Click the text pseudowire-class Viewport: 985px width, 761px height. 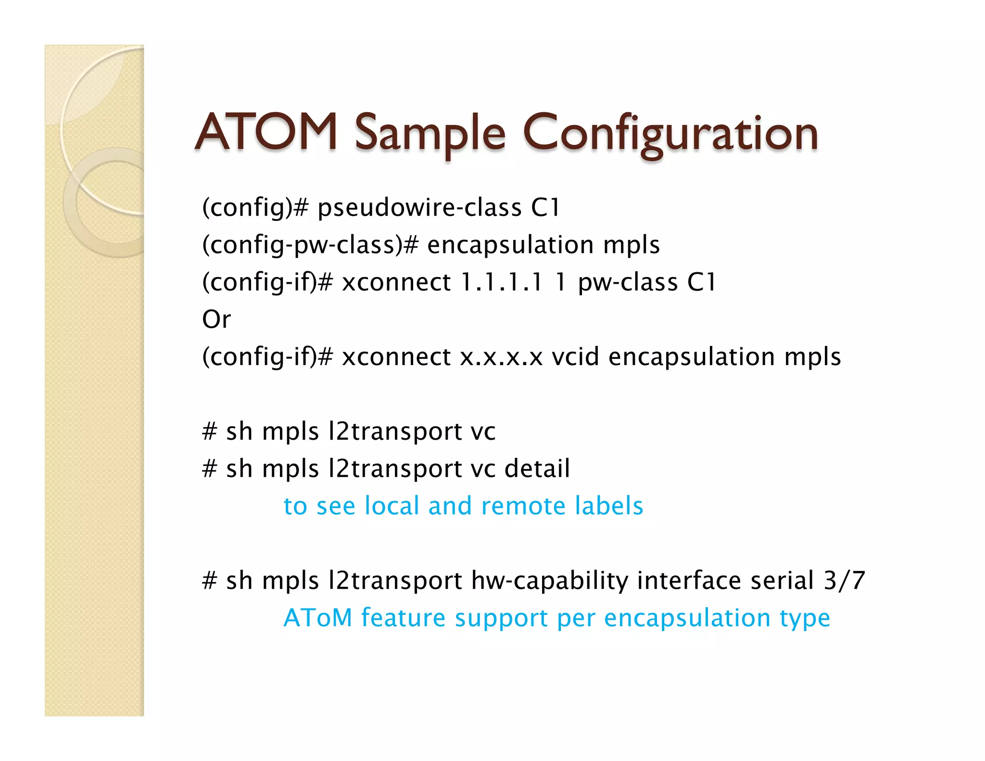pos(419,208)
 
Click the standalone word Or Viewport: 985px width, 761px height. pos(216,319)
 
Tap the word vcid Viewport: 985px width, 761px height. pos(576,357)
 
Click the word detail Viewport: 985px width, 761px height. pos(537,469)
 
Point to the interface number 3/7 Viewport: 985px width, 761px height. pos(845,581)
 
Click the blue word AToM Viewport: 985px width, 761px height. pos(318,618)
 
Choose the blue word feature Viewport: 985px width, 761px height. pos(404,618)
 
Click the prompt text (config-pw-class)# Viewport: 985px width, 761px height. pos(310,245)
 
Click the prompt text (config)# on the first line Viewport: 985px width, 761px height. pos(255,208)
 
